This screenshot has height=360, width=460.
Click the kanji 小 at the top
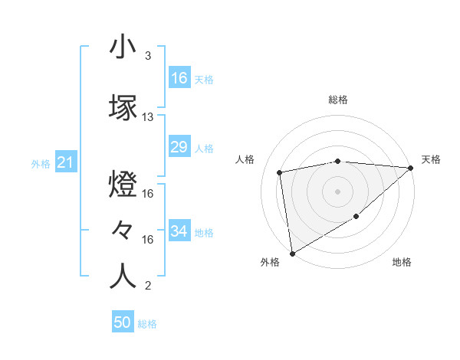tap(123, 48)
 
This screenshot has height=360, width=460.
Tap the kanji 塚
tap(123, 108)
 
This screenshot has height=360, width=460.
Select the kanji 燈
tap(123, 184)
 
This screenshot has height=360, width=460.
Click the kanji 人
tap(123, 277)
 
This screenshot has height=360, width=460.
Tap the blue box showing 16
tap(179, 78)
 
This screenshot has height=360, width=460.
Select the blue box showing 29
tap(179, 147)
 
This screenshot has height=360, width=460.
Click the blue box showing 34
tap(179, 231)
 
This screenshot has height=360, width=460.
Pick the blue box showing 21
tap(66, 162)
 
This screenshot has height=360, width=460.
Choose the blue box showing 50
tap(123, 323)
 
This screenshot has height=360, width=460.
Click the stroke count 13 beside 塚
tap(148, 117)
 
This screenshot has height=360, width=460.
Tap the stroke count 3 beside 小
tap(148, 56)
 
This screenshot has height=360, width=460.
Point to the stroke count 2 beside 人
tap(148, 286)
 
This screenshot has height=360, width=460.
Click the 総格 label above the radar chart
tap(338, 100)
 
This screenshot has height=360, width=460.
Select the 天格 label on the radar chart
tap(431, 159)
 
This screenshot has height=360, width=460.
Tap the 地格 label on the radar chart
tap(402, 262)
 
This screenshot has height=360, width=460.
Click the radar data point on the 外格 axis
tap(291, 254)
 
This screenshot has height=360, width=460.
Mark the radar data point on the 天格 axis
tap(411, 168)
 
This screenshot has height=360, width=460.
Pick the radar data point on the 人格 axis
tap(281, 172)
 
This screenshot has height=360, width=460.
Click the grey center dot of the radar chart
tap(338, 191)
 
